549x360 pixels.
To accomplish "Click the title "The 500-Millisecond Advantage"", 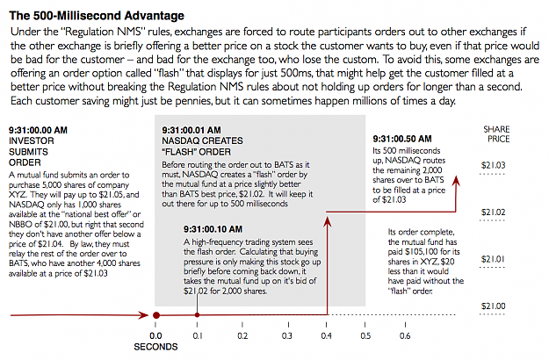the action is tap(97, 16).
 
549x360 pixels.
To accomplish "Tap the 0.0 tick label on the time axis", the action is tap(155, 336).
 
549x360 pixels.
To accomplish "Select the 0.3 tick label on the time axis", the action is tap(286, 336).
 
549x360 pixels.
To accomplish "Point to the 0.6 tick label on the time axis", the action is tap(405, 336).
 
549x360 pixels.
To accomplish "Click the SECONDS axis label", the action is tap(155, 347).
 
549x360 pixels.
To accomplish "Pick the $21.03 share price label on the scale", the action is tap(493, 165).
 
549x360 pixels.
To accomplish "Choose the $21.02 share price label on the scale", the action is tap(493, 212).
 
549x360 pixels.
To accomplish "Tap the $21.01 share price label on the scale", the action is tap(493, 259).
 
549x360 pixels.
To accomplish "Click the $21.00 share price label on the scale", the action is tap(493, 306).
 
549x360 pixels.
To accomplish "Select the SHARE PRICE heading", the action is tap(496, 134).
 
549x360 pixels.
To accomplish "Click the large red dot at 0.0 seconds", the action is tap(156, 315).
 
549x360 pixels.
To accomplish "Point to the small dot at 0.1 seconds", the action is tap(197, 315).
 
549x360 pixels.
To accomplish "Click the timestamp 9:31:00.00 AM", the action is tap(38, 130).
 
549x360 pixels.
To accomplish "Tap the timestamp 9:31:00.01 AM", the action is tap(191, 130).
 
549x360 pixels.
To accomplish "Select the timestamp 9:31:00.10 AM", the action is tap(213, 229).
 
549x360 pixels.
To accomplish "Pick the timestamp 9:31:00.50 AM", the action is tap(402, 139).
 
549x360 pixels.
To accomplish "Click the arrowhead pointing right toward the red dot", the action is tap(144, 315).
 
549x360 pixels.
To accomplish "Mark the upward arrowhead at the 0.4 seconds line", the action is tap(327, 222).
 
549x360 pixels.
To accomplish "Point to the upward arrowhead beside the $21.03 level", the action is tap(456, 181).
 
